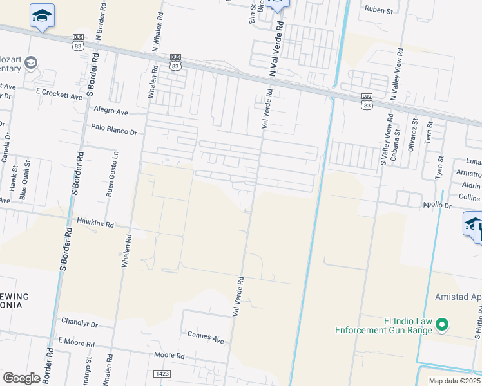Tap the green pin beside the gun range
coord(442,325)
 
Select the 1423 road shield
coord(162,373)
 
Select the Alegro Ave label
coord(111,111)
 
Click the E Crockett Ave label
coord(60,95)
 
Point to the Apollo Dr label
coord(437,205)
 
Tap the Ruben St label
coord(378,9)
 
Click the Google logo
coord(21,378)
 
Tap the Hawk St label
coord(12,179)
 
